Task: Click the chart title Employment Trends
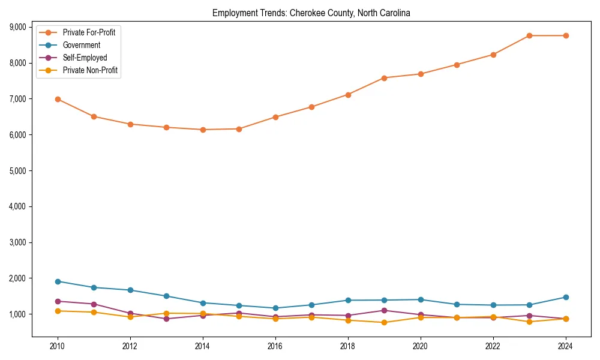pyautogui.click(x=311, y=13)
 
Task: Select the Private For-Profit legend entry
pyautogui.click(x=89, y=32)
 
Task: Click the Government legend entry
pyautogui.click(x=82, y=45)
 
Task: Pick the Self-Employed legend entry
pyautogui.click(x=85, y=58)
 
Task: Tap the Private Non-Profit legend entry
pyautogui.click(x=90, y=70)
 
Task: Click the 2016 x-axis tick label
pyautogui.click(x=275, y=346)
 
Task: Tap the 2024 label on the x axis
pyautogui.click(x=565, y=346)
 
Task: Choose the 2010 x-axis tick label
pyautogui.click(x=58, y=346)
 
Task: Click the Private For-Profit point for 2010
pyautogui.click(x=58, y=99)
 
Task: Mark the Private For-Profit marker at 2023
pyautogui.click(x=529, y=35)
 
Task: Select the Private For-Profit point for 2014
pyautogui.click(x=203, y=130)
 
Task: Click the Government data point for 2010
pyautogui.click(x=58, y=281)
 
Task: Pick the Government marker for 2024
pyautogui.click(x=565, y=297)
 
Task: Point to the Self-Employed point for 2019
pyautogui.click(x=384, y=310)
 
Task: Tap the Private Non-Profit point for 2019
pyautogui.click(x=384, y=323)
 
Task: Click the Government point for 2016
pyautogui.click(x=275, y=308)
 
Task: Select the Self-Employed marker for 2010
pyautogui.click(x=58, y=301)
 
